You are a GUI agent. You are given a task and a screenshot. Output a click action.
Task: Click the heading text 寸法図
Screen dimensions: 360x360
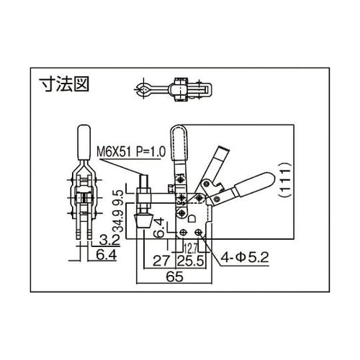point(63,85)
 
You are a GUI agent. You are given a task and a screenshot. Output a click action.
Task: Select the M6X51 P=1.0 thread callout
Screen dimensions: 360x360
point(130,151)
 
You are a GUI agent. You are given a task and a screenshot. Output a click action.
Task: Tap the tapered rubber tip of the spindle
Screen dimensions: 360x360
point(143,217)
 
